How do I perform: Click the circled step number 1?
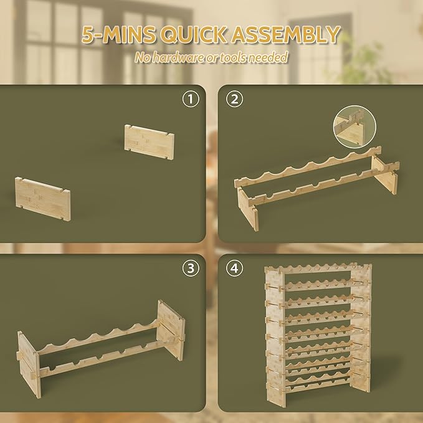coord(189,100)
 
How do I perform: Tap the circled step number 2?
coord(233,100)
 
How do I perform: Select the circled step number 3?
coord(189,269)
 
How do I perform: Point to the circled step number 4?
coord(233,269)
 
